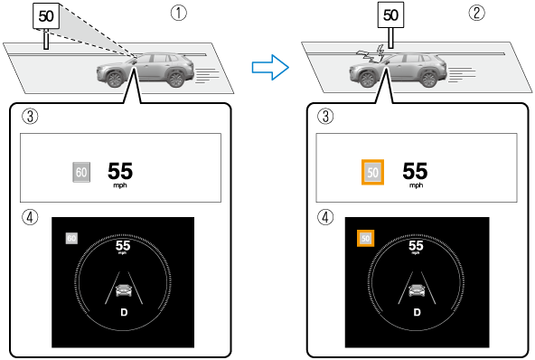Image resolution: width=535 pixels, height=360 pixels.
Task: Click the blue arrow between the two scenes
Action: click(x=270, y=67)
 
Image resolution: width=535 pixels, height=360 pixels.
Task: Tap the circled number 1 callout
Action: click(x=179, y=14)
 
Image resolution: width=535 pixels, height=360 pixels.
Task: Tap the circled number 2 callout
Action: click(x=476, y=14)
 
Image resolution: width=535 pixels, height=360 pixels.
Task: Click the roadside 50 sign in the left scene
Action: click(x=46, y=16)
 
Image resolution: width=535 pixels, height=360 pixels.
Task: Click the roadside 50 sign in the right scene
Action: click(x=390, y=15)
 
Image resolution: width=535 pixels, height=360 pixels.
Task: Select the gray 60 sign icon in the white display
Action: click(x=81, y=172)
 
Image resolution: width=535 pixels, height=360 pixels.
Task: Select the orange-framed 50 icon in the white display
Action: click(x=372, y=172)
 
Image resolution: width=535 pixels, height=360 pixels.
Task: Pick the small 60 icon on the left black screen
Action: click(x=71, y=238)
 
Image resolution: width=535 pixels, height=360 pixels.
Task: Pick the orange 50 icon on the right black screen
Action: click(x=365, y=238)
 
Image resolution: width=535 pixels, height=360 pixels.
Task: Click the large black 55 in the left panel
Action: click(x=120, y=171)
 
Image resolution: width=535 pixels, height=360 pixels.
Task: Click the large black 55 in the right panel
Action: click(x=415, y=171)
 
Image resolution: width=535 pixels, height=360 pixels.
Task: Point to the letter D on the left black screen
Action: click(x=124, y=312)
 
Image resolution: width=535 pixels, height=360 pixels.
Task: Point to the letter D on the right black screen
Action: click(x=417, y=312)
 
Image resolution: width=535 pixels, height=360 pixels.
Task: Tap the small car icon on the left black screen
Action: click(x=124, y=290)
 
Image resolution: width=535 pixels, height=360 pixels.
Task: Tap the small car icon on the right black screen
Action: click(x=417, y=290)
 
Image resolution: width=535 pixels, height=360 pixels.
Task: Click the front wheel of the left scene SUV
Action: click(x=115, y=79)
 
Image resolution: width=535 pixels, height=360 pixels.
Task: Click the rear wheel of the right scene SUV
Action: click(x=428, y=79)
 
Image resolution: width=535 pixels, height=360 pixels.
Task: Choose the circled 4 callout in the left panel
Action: click(x=30, y=217)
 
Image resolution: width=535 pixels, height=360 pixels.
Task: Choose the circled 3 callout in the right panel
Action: click(x=325, y=116)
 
